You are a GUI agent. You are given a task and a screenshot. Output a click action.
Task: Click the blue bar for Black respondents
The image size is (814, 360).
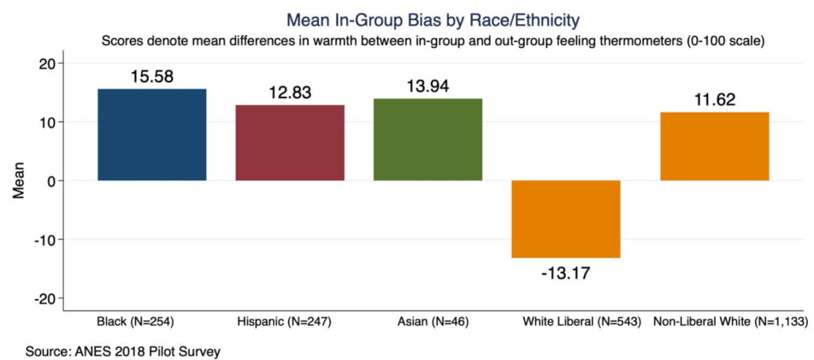152,134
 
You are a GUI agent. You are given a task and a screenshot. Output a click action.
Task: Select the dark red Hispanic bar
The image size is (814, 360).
289,143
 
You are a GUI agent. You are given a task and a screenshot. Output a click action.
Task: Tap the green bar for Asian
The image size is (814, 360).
428,139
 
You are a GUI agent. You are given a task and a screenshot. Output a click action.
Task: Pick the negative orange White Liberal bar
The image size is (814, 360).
566,219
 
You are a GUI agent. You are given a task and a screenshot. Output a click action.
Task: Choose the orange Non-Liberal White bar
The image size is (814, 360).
715,147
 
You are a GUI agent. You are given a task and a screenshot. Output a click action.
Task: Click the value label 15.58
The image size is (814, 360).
152,77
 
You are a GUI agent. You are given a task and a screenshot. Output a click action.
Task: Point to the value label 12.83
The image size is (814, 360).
289,93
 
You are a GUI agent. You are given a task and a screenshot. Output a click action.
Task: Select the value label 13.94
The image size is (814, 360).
428,87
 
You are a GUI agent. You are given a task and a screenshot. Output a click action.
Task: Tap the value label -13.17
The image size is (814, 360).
566,273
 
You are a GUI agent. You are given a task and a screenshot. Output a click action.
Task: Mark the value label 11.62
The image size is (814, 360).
715,100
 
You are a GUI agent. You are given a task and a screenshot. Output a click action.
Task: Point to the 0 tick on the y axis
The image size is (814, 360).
52,181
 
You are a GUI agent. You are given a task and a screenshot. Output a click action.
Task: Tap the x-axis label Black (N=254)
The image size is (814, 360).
136,322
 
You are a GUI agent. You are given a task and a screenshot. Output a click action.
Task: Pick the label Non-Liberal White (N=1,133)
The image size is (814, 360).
730,322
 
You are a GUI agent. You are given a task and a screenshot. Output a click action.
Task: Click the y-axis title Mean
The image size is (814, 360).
19,181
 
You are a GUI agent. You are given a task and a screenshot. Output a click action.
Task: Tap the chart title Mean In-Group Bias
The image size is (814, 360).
432,21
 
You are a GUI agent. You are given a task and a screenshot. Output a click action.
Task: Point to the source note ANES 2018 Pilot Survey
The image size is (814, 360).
123,351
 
